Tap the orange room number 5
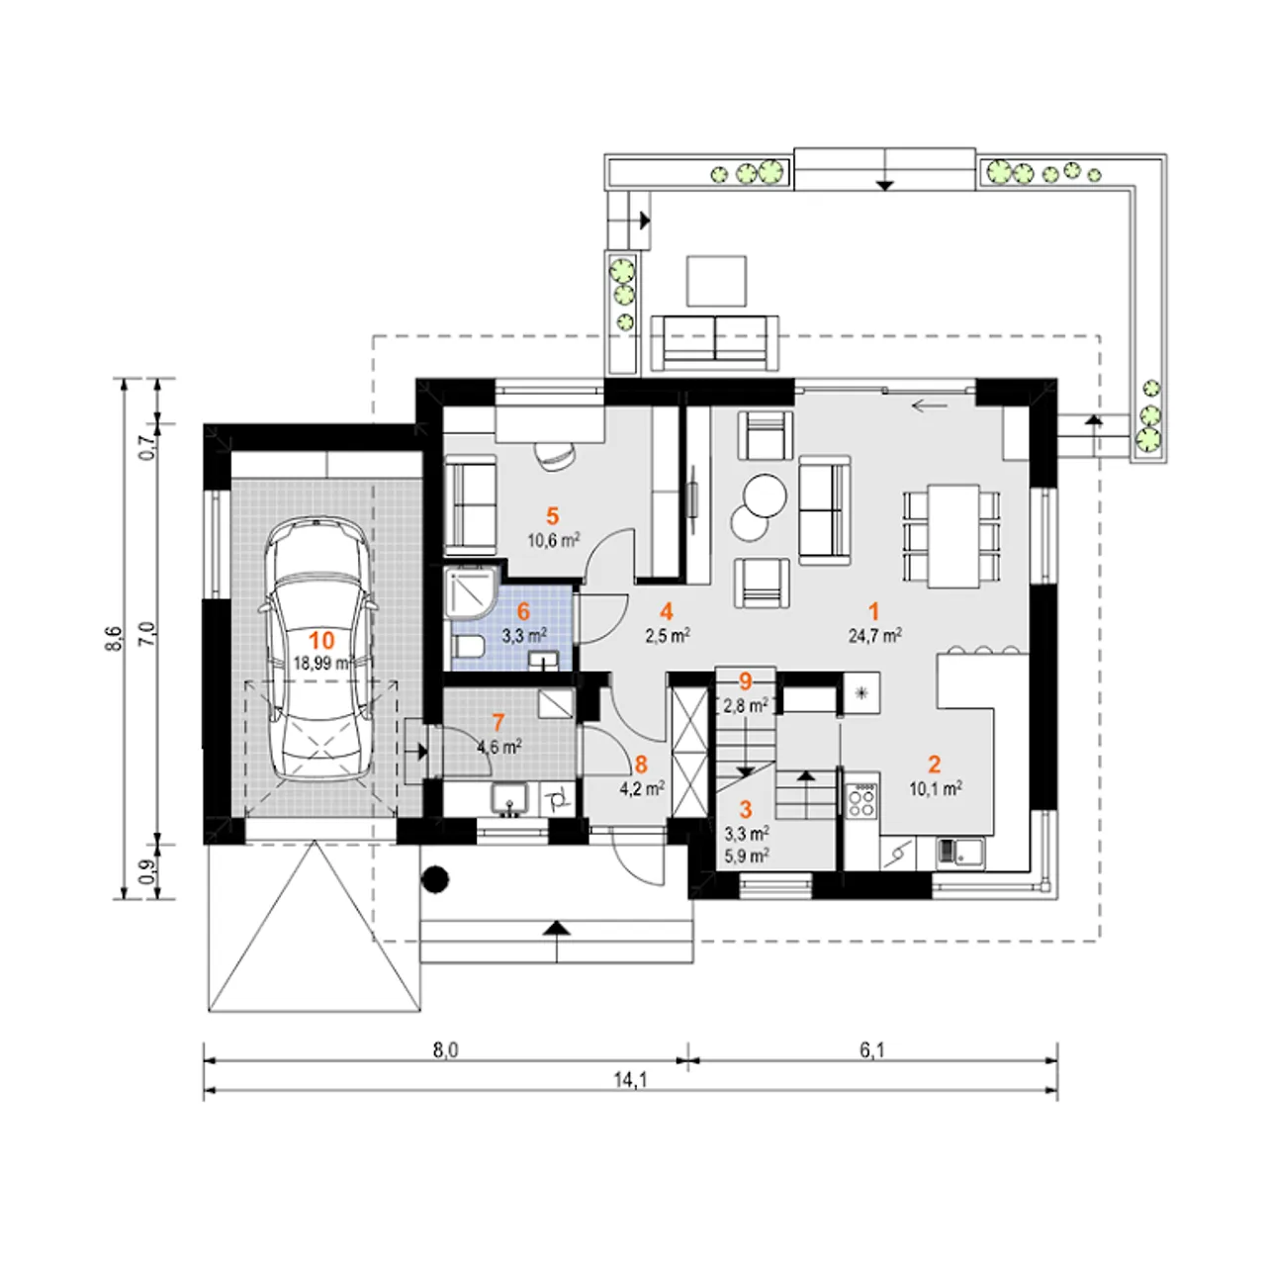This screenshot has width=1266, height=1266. [552, 516]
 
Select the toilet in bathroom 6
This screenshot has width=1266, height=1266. [469, 647]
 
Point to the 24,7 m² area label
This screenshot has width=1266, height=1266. [874, 635]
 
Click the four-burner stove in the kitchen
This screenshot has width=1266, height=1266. [861, 799]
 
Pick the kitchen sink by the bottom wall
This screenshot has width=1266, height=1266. [959, 853]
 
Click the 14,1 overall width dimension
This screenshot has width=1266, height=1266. [630, 1079]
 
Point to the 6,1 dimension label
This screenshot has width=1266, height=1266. [871, 1050]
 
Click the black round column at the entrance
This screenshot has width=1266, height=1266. [435, 878]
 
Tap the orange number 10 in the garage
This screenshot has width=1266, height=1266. [321, 640]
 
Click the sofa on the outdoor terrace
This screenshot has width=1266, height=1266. [714, 342]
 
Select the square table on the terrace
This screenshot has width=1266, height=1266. [716, 281]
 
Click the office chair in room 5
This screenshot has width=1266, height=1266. [555, 455]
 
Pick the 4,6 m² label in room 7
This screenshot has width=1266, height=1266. [499, 747]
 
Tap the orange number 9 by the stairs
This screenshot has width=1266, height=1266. [745, 681]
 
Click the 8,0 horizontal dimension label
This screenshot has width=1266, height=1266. [445, 1050]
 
